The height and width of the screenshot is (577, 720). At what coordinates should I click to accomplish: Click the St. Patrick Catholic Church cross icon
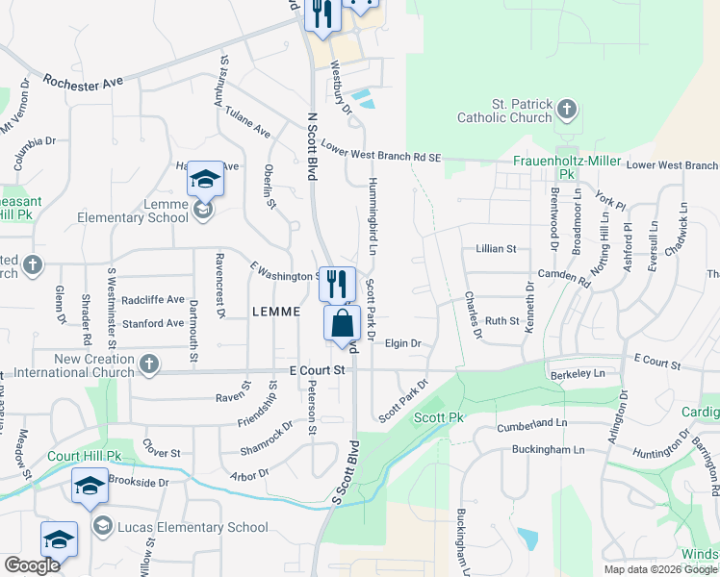[567, 111]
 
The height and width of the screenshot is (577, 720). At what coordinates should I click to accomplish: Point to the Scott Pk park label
[439, 417]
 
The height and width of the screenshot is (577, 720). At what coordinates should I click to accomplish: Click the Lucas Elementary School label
[193, 527]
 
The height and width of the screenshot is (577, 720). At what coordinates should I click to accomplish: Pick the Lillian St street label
[496, 248]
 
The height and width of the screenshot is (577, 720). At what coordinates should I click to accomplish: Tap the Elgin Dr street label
[403, 342]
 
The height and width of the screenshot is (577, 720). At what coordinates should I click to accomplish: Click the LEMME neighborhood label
[278, 312]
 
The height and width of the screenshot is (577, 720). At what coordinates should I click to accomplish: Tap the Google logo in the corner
[32, 565]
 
